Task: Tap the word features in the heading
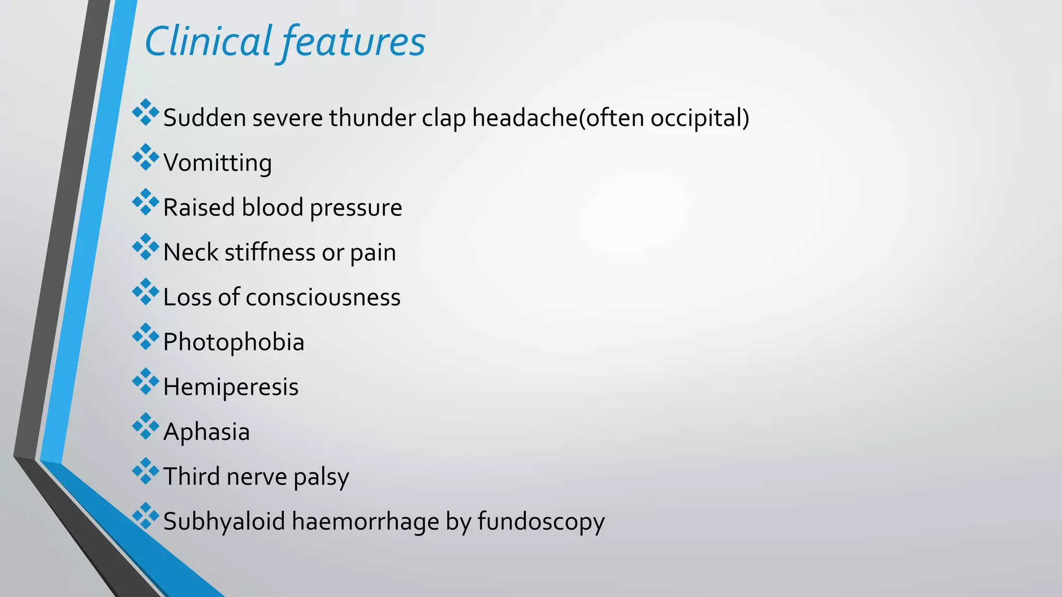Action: pyautogui.click(x=354, y=41)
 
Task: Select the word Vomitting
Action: pyautogui.click(x=217, y=163)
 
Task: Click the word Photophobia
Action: pyautogui.click(x=233, y=342)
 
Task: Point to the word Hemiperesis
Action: pyautogui.click(x=231, y=387)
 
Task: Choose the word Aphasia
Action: pyautogui.click(x=206, y=432)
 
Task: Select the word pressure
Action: pyautogui.click(x=356, y=208)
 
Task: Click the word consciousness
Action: pyautogui.click(x=323, y=297)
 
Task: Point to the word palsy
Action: pyautogui.click(x=321, y=477)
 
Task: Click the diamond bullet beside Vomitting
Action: pyautogui.click(x=146, y=157)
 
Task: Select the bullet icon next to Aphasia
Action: pyautogui.click(x=146, y=426)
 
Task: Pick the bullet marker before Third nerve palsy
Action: pyautogui.click(x=146, y=471)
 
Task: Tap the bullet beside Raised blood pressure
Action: pyautogui.click(x=146, y=202)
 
